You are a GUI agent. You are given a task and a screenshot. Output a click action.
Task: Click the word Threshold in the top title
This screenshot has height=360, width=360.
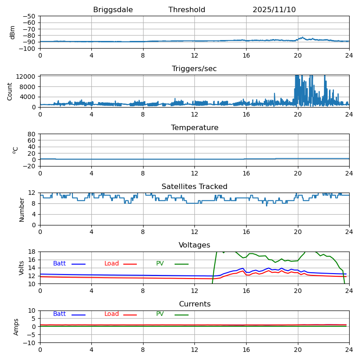187,10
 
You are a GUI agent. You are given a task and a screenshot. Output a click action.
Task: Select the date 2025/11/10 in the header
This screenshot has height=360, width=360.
274,10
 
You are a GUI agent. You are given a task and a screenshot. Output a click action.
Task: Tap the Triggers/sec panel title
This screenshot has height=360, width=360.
194,69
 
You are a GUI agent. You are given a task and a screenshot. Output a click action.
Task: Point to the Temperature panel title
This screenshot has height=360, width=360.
194,128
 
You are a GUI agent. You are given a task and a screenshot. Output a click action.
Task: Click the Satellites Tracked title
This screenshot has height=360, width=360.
194,187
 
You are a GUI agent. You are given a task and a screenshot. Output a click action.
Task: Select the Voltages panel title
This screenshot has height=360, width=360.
194,245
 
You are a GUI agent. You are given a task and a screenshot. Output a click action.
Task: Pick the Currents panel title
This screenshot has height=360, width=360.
194,304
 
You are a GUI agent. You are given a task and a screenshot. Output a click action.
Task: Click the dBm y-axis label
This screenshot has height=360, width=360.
13,32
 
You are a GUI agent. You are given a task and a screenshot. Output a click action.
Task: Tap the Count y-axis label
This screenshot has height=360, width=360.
10,91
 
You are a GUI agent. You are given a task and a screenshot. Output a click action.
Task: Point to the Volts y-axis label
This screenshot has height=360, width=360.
22,268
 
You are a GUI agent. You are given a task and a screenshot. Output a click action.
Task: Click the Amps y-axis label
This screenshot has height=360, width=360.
16,327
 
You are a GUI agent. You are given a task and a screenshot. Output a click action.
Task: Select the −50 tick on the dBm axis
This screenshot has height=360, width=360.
29,16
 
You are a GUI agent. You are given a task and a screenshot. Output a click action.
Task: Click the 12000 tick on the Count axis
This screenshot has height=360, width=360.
27,76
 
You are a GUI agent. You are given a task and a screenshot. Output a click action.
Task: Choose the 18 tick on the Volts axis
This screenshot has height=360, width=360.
33,252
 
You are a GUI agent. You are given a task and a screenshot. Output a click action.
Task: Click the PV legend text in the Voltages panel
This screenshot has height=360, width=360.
160,264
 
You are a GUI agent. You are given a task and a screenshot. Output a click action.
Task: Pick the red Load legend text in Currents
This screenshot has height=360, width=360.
112,314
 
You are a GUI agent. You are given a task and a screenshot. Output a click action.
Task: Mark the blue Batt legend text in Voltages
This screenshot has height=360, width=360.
59,264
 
